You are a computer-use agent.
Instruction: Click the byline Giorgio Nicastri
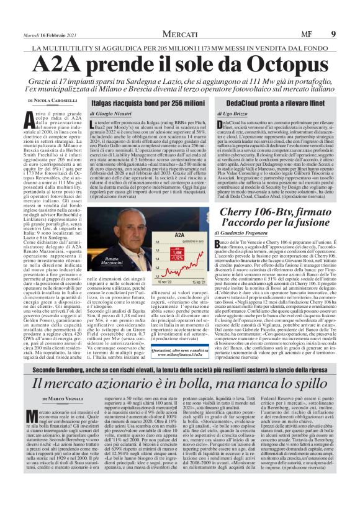[115, 114]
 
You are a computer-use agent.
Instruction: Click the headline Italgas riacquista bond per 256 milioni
[148, 103]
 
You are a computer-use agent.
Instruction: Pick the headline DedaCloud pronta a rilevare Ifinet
[265, 103]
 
